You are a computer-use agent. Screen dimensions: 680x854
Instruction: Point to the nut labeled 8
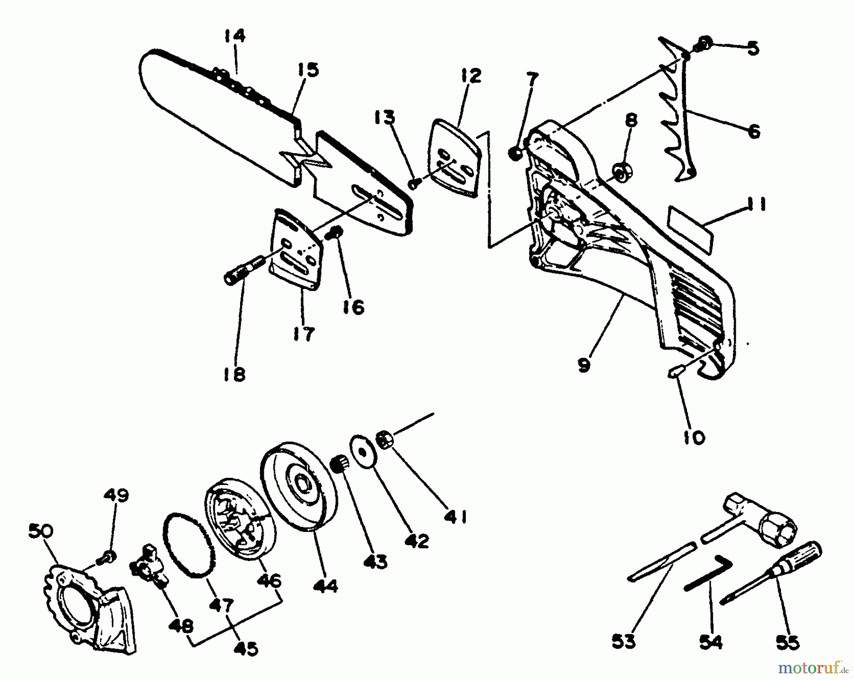pos(620,171)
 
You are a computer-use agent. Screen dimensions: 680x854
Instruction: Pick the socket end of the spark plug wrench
pos(778,527)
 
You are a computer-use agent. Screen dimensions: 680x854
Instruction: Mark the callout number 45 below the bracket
pos(246,648)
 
